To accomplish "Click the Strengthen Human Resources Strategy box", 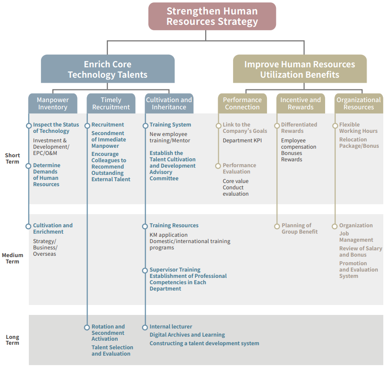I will [x=212, y=16].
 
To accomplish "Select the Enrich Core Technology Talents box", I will [x=107, y=69].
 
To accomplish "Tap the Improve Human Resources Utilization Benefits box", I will [x=299, y=69].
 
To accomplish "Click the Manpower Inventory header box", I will [x=52, y=103].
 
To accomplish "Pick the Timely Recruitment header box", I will [x=111, y=103].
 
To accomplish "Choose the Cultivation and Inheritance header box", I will [x=169, y=103].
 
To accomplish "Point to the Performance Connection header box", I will [x=242, y=103].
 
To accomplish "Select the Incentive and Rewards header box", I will [x=300, y=103].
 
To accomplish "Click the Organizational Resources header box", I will [x=358, y=103].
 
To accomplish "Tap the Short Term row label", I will [x=13, y=159].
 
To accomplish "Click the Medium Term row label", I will [x=13, y=258].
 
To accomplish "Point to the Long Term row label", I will [x=13, y=340].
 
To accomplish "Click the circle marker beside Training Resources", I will [x=145, y=226].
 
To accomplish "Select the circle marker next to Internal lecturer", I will [x=145, y=327].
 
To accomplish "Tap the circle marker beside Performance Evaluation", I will [x=218, y=166].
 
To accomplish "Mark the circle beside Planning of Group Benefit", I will [x=277, y=226].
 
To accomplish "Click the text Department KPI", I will [x=242, y=141].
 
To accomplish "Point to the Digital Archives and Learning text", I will [x=187, y=335].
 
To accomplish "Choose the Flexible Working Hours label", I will [x=358, y=128].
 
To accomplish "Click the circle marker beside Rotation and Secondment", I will [x=87, y=327].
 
